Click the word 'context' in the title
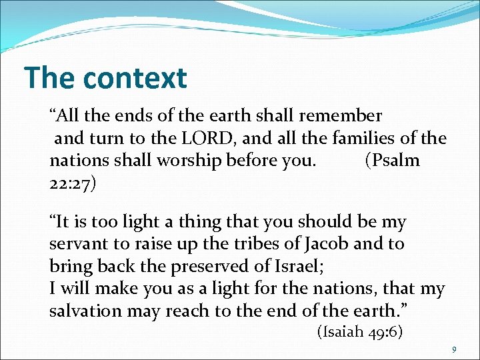pos(135,78)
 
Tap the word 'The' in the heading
pos(50,78)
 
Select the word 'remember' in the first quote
pos(341,116)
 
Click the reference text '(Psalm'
pos(393,161)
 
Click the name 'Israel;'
pos(298,267)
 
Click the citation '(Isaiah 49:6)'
pos(359,332)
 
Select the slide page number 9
pos(454,350)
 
